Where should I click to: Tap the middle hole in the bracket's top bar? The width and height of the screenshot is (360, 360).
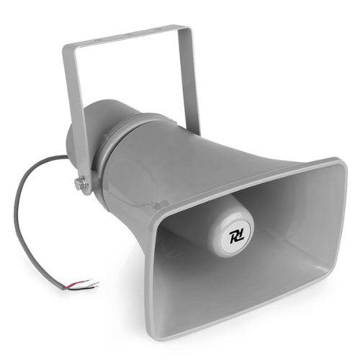(127, 34)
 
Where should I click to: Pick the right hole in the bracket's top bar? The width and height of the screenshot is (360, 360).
(165, 30)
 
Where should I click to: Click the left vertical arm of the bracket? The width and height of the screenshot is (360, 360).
(76, 108)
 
